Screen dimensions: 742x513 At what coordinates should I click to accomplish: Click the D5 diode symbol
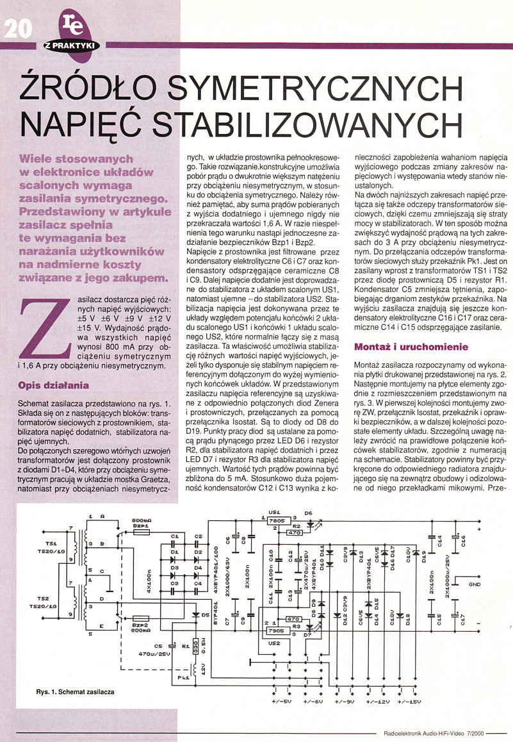(x=195, y=616)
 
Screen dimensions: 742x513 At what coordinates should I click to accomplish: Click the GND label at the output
(x=475, y=584)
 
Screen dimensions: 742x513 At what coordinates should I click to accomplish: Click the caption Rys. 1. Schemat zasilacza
(x=76, y=692)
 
